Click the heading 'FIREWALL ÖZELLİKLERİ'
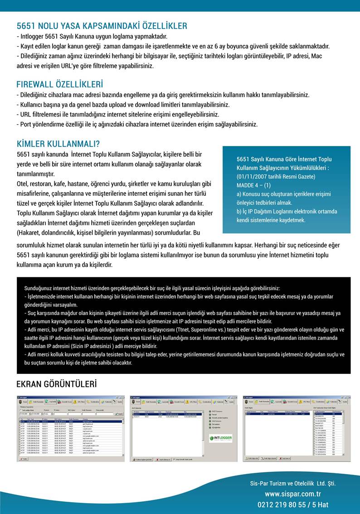(59, 85)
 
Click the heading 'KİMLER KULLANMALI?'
(58, 144)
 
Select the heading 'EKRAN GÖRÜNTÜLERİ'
(57, 384)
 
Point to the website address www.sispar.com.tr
(293, 494)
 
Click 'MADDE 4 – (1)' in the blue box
(253, 185)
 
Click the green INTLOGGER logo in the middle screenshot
(221, 438)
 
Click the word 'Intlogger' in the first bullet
(32, 36)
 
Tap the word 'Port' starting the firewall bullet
(26, 124)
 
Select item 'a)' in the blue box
(239, 194)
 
